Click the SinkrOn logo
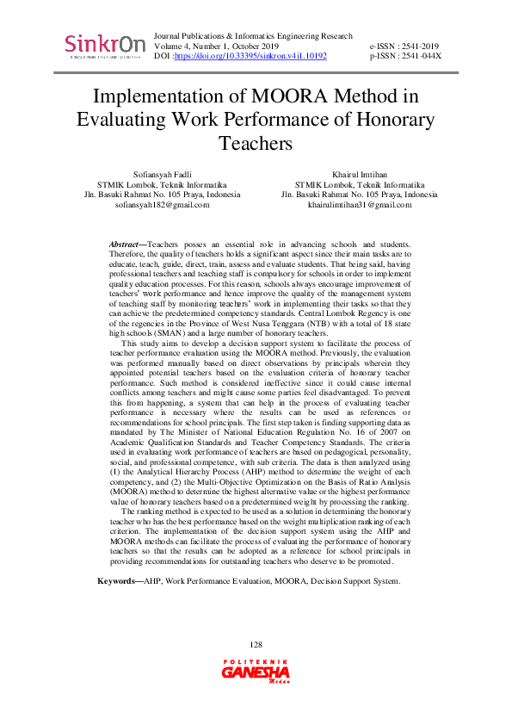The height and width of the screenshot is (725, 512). tap(104, 45)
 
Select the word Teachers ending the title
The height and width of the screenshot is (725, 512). tap(256, 142)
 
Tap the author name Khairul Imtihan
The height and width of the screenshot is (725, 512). tap(359, 174)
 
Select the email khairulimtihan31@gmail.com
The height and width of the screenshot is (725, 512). tap(359, 205)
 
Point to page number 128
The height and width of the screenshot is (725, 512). tap(256, 645)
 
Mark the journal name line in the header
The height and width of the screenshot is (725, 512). tap(252, 36)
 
